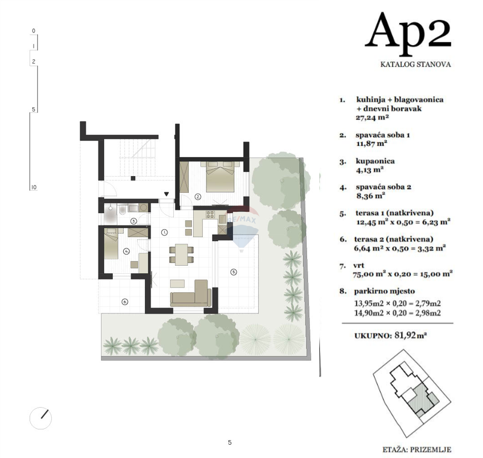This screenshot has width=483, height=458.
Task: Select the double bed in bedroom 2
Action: (x=220, y=176)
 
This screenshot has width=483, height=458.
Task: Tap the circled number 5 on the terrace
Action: (x=233, y=272)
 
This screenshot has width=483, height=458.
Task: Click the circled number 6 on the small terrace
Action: (x=125, y=302)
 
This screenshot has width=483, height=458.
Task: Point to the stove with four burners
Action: (x=210, y=214)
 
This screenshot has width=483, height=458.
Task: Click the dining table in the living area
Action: (x=181, y=252)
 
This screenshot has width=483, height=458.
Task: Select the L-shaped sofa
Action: (x=191, y=295)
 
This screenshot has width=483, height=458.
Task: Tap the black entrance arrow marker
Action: (x=167, y=194)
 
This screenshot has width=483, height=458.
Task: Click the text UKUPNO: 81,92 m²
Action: (x=390, y=335)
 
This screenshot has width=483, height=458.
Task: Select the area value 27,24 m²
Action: (x=372, y=117)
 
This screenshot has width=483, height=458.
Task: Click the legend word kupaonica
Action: (x=375, y=161)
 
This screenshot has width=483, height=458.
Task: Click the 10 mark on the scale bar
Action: (x=34, y=187)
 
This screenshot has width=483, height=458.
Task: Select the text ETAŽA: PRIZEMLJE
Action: (x=416, y=449)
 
